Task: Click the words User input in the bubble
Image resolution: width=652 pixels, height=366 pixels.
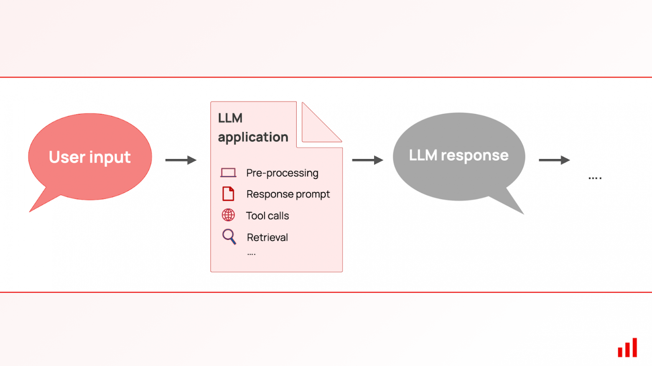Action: click(x=89, y=157)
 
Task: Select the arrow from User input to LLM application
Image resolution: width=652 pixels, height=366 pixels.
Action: click(x=181, y=160)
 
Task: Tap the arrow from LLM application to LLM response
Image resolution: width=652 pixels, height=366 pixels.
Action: click(x=367, y=160)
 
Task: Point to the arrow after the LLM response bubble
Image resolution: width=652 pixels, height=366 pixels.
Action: click(x=554, y=160)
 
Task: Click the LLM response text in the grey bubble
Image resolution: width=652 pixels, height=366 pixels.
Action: click(x=458, y=155)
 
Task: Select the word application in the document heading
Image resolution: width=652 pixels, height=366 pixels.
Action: click(x=253, y=137)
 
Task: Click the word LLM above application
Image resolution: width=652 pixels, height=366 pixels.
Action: click(x=230, y=118)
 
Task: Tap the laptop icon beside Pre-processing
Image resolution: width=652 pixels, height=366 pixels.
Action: click(x=228, y=173)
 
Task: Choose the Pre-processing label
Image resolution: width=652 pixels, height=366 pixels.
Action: click(x=282, y=173)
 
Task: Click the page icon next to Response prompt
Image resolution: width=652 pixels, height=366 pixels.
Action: click(x=228, y=194)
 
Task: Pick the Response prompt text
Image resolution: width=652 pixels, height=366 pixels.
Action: click(x=288, y=194)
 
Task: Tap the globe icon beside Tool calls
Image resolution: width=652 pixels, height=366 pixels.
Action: click(x=228, y=215)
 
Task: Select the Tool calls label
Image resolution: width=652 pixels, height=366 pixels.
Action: click(x=267, y=216)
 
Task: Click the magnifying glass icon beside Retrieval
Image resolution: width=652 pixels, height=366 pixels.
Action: click(x=229, y=237)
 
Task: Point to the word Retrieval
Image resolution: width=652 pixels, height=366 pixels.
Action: click(x=267, y=237)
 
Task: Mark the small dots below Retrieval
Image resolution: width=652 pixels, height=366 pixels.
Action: click(x=251, y=254)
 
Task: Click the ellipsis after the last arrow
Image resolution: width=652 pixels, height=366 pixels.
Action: click(x=595, y=178)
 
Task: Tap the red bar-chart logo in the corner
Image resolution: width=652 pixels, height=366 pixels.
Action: click(x=627, y=348)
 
